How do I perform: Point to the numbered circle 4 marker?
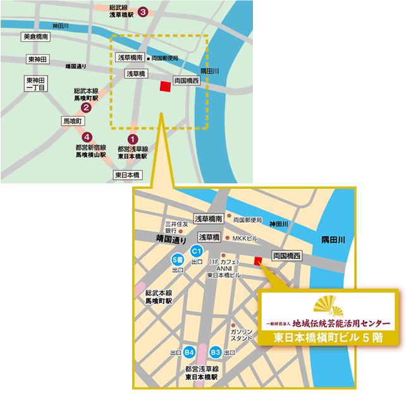click(87, 136)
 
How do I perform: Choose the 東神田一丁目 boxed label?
click(35, 84)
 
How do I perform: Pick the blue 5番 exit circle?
click(176, 260)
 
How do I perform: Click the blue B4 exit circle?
click(189, 352)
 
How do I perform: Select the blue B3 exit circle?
click(216, 352)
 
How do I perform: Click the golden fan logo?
click(329, 306)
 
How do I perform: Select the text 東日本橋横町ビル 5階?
click(328, 338)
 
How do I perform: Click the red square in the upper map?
click(165, 87)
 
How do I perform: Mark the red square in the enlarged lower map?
click(257, 261)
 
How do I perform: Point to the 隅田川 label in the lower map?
click(333, 240)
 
